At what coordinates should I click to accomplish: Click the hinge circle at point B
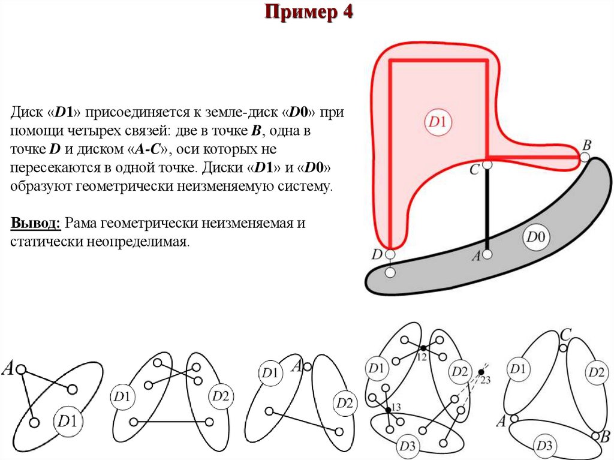(585, 158)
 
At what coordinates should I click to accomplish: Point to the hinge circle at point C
(487, 164)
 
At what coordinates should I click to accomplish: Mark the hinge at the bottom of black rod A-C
(487, 255)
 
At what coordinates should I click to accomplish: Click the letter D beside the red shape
(377, 254)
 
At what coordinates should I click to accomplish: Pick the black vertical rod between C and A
(487, 210)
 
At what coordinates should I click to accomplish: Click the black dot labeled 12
(423, 348)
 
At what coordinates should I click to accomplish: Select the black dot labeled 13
(389, 410)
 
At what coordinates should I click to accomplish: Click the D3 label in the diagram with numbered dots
(407, 446)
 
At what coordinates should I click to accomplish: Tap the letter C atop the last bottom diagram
(564, 335)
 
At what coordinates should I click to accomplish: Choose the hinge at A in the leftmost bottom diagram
(20, 369)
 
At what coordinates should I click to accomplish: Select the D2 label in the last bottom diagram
(597, 372)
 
